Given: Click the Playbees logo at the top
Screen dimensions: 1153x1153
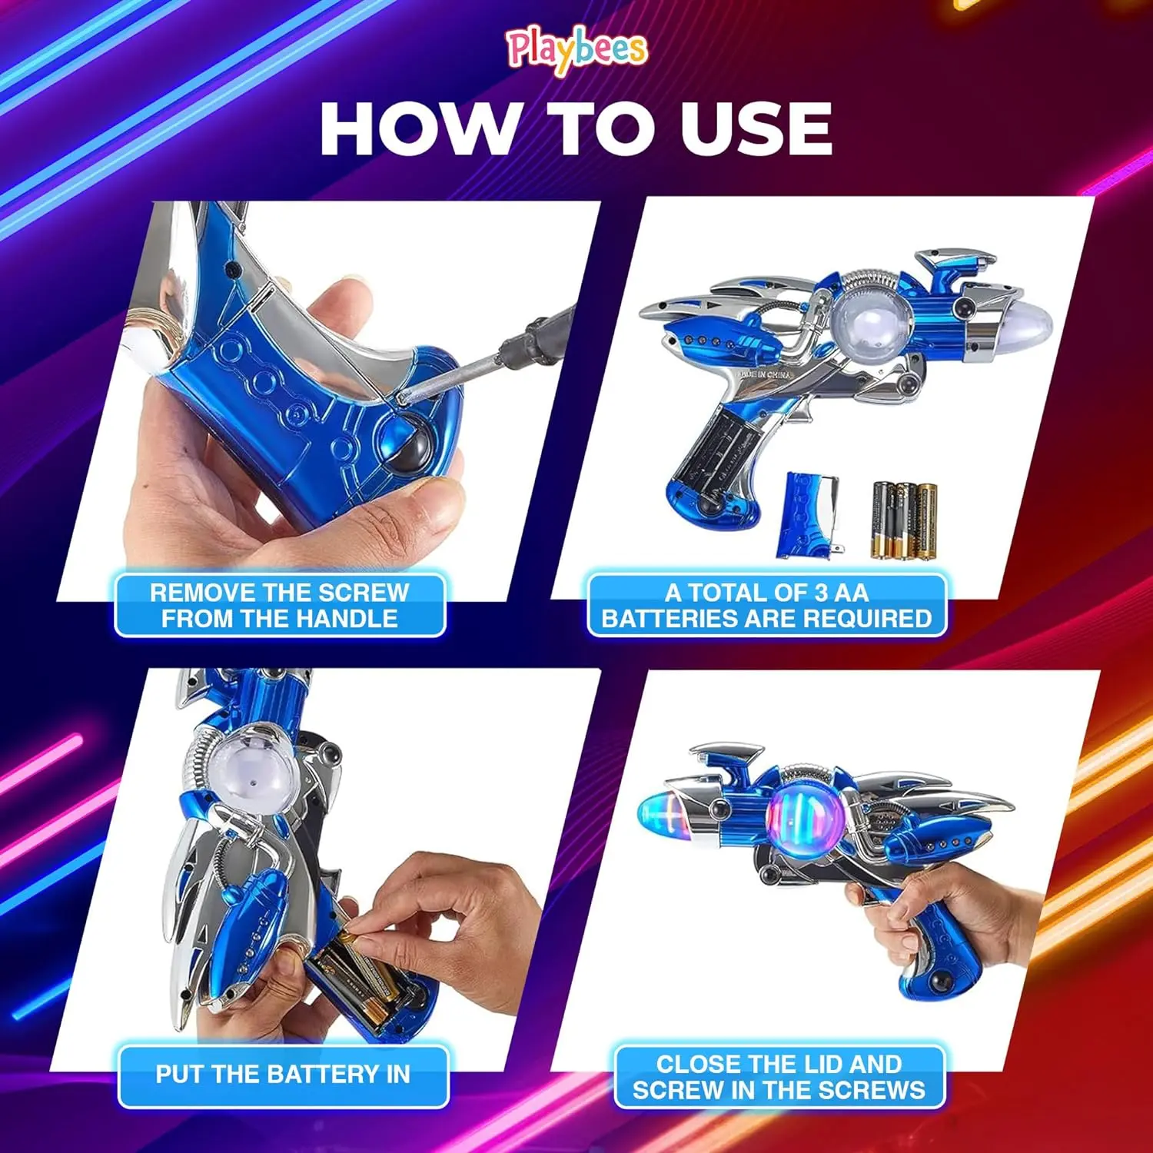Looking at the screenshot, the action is tap(576, 51).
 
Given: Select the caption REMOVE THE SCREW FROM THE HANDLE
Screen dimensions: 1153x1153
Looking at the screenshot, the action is tap(280, 606).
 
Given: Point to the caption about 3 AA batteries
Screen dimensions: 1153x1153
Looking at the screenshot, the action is tap(766, 606).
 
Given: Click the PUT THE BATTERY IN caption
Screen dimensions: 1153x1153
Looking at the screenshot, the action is tap(283, 1075).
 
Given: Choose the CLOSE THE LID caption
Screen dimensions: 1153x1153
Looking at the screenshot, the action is tap(779, 1077).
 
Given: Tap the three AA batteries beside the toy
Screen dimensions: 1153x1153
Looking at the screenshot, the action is tap(904, 520).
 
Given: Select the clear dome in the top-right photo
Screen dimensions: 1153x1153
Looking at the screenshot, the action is tap(871, 324).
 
